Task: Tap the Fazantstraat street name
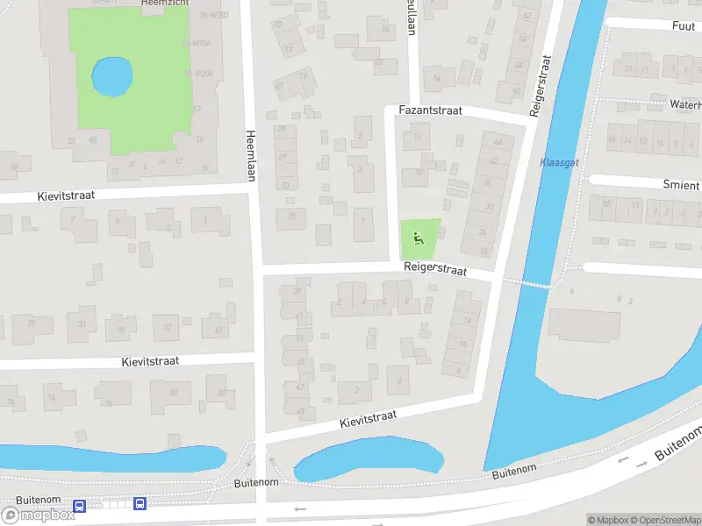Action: pyautogui.click(x=430, y=111)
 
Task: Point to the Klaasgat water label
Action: pyautogui.click(x=559, y=163)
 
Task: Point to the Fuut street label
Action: pyautogui.click(x=683, y=26)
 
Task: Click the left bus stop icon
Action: pyautogui.click(x=80, y=506)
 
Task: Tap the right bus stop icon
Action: pyautogui.click(x=140, y=503)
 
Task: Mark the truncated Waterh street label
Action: pyautogui.click(x=684, y=103)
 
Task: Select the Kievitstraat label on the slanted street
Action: pyautogui.click(x=369, y=419)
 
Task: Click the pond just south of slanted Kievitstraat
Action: pyautogui.click(x=369, y=458)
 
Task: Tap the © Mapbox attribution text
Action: pyautogui.click(x=608, y=520)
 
